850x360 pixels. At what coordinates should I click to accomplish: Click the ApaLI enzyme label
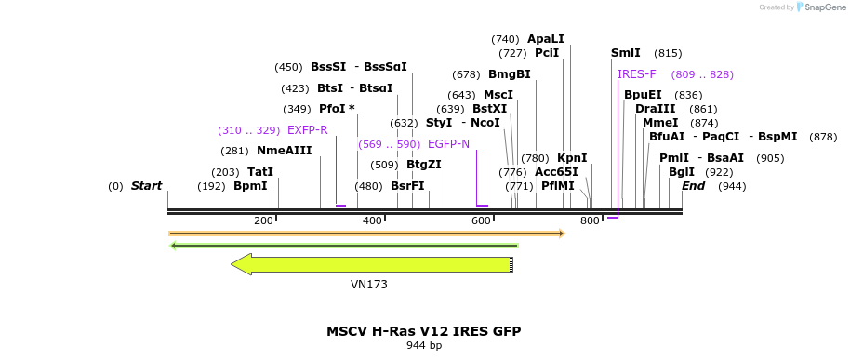[545, 39]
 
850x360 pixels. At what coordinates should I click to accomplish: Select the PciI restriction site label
[547, 54]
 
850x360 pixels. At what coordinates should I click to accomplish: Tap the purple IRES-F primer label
[637, 74]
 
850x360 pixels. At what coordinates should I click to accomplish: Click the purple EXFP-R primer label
[307, 130]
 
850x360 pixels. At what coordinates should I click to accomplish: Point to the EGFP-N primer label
[448, 144]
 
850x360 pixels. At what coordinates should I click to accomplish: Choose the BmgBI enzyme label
[509, 74]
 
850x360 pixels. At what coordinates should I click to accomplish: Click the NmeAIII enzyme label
[284, 151]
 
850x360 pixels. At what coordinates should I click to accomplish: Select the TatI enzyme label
[260, 172]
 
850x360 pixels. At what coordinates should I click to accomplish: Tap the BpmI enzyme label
[250, 186]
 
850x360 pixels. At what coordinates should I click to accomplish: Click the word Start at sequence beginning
[146, 186]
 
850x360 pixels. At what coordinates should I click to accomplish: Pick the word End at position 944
[693, 186]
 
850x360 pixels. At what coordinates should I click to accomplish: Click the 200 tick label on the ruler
[263, 220]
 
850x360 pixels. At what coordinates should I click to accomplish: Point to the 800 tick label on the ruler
[590, 220]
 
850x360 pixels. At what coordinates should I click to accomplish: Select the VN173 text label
[369, 285]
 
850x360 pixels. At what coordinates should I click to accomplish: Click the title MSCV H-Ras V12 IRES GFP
[423, 331]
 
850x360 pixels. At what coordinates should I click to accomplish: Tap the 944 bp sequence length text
[423, 346]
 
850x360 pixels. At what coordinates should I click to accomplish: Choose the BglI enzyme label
[682, 172]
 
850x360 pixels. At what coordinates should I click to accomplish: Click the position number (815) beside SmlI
[668, 54]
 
